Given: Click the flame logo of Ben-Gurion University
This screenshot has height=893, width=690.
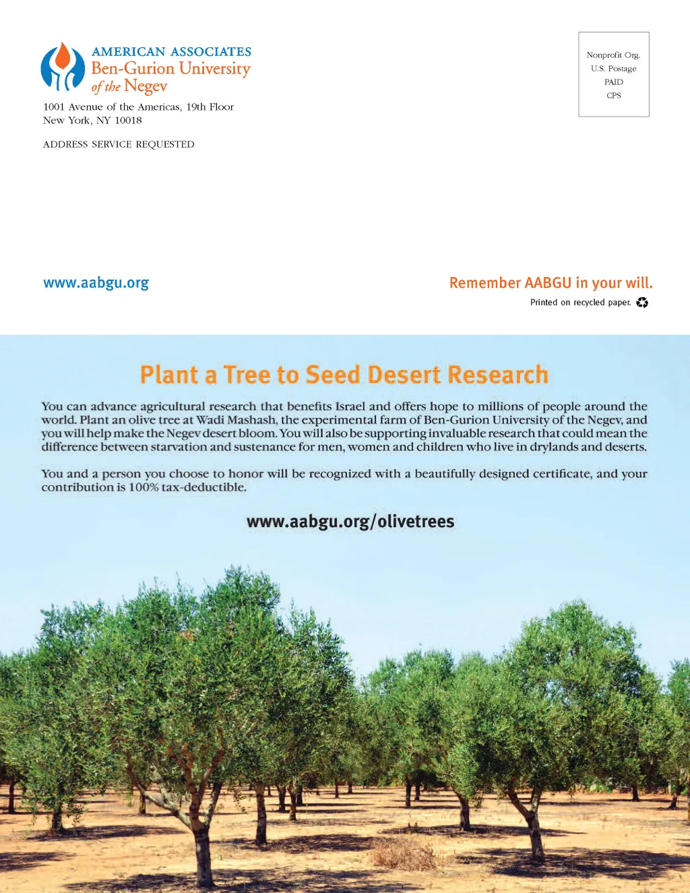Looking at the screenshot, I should click(63, 67).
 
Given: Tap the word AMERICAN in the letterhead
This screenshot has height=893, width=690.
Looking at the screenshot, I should click(128, 52).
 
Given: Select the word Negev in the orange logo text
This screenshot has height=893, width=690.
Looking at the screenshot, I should click(146, 86).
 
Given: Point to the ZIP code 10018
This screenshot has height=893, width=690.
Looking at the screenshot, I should click(128, 121).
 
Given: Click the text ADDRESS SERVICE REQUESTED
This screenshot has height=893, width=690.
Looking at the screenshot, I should click(119, 144).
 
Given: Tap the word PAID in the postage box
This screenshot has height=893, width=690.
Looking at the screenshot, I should click(614, 82).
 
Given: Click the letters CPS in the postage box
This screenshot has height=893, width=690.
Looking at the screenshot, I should click(614, 96).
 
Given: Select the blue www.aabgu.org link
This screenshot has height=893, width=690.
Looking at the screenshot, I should click(96, 283).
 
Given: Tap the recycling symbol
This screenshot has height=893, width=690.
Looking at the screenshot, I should click(642, 303).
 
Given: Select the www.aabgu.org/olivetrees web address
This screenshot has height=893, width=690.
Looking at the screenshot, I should click(350, 522).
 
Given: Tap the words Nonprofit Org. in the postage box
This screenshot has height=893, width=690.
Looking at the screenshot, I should click(613, 55).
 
